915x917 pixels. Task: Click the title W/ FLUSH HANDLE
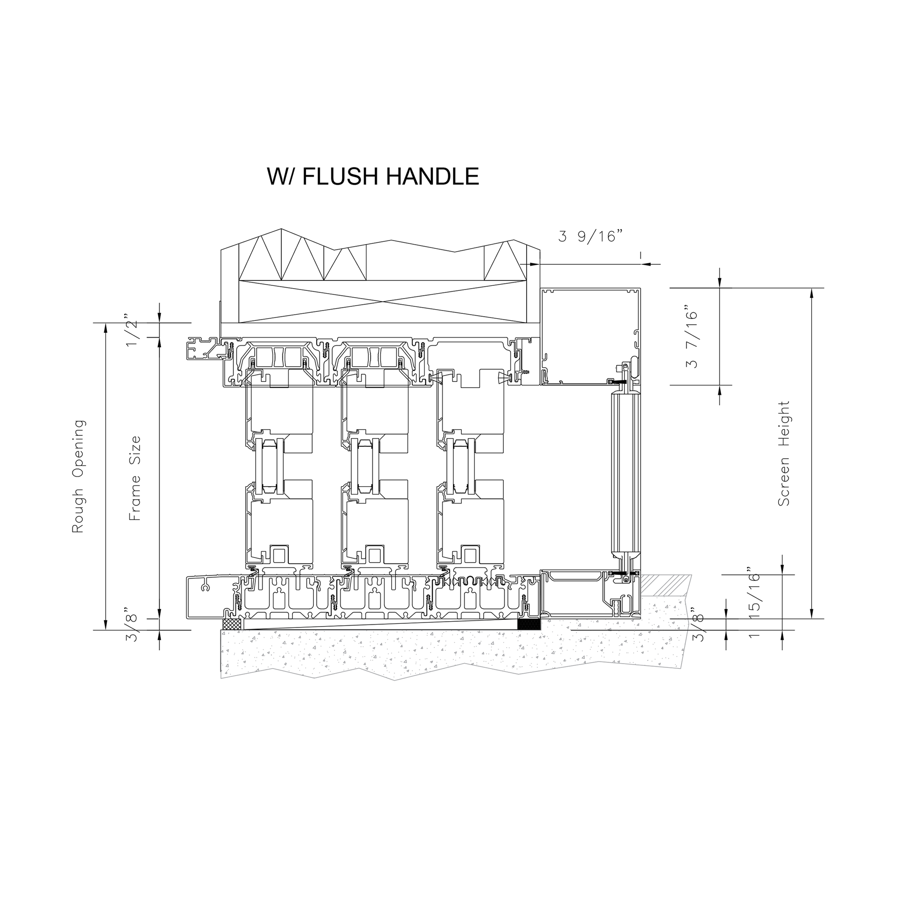(x=373, y=176)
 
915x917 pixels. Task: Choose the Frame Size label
(x=135, y=478)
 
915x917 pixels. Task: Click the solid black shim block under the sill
(x=528, y=625)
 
